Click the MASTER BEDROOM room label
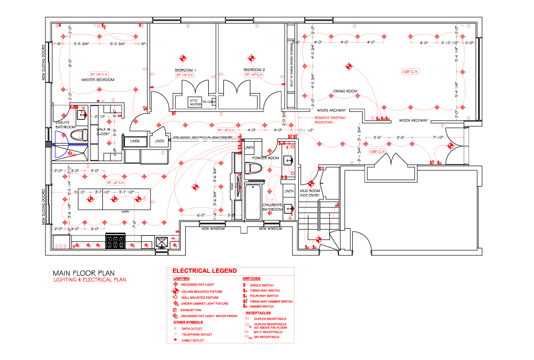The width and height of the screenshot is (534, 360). click(98, 80)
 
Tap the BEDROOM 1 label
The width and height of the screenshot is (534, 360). click(185, 70)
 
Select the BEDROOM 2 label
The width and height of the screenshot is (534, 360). click(254, 70)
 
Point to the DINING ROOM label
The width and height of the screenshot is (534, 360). click(345, 91)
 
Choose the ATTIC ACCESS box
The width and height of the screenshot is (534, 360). click(195, 102)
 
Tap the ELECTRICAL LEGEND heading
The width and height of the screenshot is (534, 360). click(204, 271)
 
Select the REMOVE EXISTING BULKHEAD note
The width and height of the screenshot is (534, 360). click(330, 120)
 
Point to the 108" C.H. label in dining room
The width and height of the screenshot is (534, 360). click(412, 72)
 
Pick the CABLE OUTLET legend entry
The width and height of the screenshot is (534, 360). click(193, 340)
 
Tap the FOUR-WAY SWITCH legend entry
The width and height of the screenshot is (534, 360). click(264, 296)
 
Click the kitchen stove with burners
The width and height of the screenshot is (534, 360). click(116, 242)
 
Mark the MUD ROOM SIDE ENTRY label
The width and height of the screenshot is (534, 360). click(310, 193)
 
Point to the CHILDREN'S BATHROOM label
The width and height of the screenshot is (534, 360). click(272, 207)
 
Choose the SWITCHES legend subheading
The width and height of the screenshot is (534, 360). click(251, 279)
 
